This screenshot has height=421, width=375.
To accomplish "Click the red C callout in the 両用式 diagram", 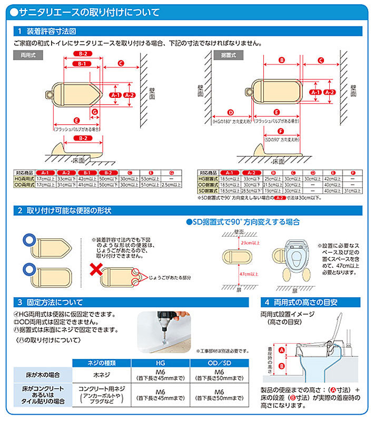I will [x=121, y=64].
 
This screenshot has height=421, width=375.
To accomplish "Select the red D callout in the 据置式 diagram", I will [x=230, y=112].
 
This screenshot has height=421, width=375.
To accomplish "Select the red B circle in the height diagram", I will [x=281, y=365].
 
